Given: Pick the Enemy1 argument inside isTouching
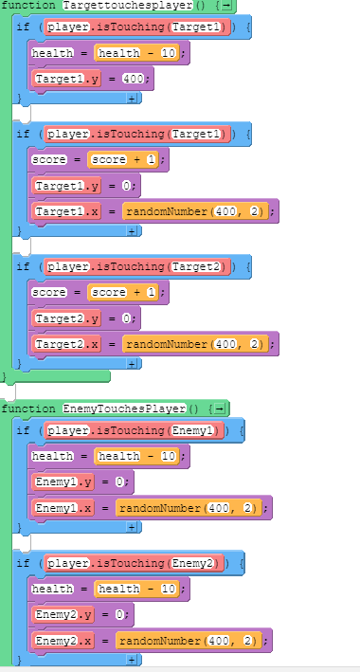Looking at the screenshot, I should pos(195,430).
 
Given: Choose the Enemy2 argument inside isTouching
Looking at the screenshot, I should pos(195,562).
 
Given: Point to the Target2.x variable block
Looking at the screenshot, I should pos(66,344).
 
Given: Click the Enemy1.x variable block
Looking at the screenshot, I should pos(63,509).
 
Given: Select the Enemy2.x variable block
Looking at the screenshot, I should pos(63,642).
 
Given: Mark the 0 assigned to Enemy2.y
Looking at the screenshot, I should pos(121,615).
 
